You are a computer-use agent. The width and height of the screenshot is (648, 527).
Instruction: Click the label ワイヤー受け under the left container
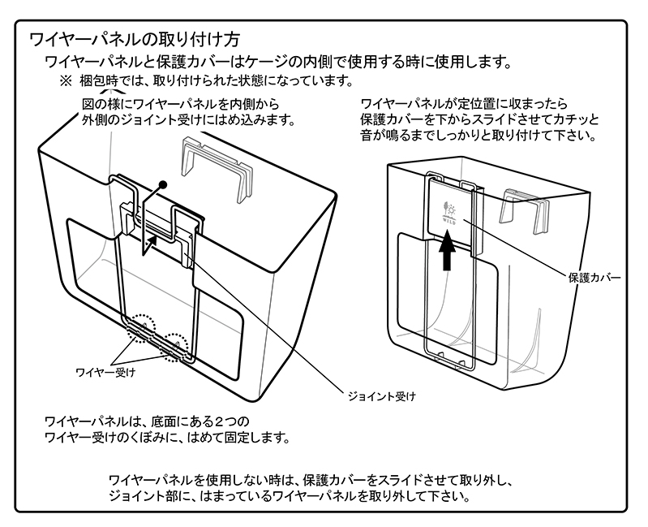[105, 372]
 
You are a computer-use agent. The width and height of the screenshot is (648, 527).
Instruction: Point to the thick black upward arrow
[446, 252]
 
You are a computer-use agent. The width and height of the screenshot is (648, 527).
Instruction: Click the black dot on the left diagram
[163, 185]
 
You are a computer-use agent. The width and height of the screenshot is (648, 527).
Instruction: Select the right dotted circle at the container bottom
[179, 346]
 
